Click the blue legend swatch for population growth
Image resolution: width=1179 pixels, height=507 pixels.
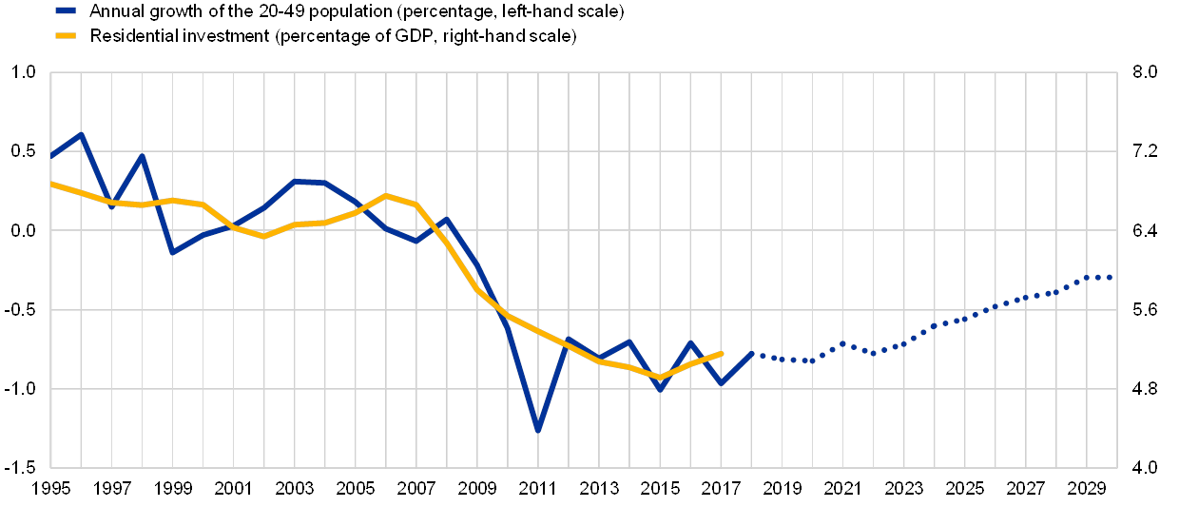(x=65, y=11)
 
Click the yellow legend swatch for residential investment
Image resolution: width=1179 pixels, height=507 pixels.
(x=65, y=37)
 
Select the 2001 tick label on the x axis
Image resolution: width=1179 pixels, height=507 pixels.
(x=232, y=489)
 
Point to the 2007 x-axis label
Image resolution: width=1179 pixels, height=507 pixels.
(x=416, y=489)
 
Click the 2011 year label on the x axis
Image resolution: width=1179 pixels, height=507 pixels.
(x=538, y=489)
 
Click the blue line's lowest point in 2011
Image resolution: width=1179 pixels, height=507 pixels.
(x=538, y=431)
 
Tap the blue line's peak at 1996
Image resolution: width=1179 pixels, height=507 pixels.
(x=81, y=134)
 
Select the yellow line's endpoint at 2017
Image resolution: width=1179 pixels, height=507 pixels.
(x=723, y=353)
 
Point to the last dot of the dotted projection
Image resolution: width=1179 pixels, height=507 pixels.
(x=1110, y=277)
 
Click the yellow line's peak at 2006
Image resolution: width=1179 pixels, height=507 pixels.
(x=386, y=196)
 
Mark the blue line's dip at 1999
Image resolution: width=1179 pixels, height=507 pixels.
(x=172, y=252)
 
